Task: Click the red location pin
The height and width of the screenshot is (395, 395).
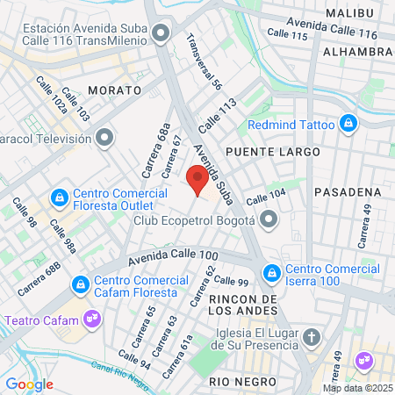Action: click(198, 181)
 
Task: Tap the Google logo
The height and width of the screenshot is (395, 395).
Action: click(29, 384)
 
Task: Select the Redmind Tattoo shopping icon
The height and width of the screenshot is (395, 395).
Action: click(349, 123)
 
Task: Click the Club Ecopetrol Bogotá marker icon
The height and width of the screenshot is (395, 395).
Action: click(269, 219)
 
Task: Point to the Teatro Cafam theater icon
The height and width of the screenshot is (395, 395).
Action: click(90, 316)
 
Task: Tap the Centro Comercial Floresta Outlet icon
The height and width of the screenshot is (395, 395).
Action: click(60, 197)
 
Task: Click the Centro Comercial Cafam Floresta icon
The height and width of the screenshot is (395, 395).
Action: click(81, 284)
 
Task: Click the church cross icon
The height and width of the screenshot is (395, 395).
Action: click(311, 338)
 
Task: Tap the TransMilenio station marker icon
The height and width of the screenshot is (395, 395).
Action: click(160, 34)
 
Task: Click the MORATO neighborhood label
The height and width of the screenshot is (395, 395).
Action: click(115, 90)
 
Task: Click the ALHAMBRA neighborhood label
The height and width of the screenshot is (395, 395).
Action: click(358, 52)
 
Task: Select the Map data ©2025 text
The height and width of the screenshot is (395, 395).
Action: click(357, 388)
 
